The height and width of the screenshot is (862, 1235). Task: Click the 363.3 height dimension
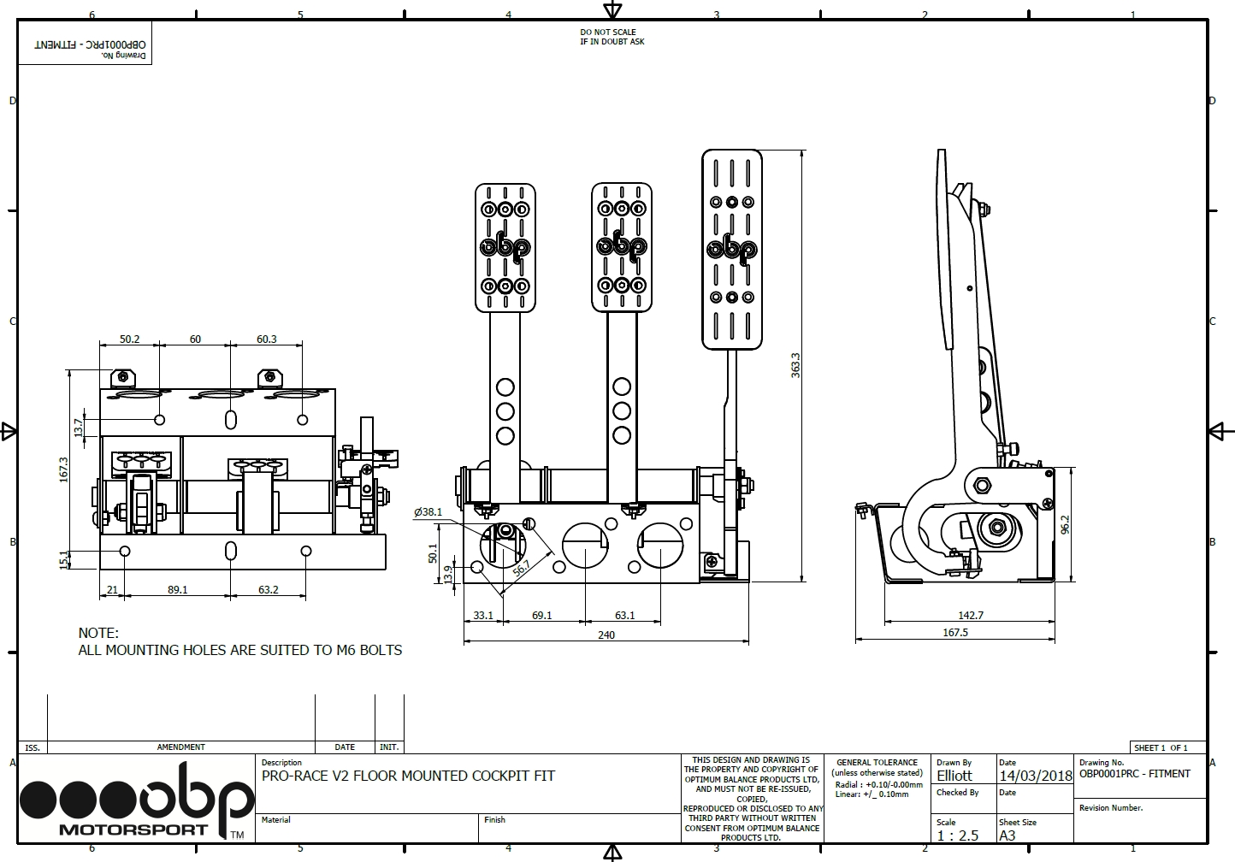tap(795, 365)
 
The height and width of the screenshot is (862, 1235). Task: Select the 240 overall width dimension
tap(606, 635)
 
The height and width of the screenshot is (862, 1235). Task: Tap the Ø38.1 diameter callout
tap(428, 512)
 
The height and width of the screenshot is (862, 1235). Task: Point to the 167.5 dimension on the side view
tap(955, 632)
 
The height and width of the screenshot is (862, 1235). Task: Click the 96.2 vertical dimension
tap(1065, 525)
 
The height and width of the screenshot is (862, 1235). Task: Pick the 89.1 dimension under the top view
tap(178, 590)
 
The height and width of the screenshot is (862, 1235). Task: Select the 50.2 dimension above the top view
tap(129, 339)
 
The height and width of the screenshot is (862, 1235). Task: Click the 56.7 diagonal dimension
tap(521, 568)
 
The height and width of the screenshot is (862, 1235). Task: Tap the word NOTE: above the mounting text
tap(98, 633)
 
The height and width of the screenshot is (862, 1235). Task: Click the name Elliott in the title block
tap(954, 776)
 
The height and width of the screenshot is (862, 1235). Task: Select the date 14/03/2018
tap(1036, 776)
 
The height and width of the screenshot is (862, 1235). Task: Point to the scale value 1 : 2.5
tap(958, 835)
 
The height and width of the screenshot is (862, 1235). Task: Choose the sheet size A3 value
tap(1007, 835)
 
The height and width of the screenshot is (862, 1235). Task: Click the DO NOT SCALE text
tap(607, 32)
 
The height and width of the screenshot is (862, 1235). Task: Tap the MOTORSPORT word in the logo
tap(133, 830)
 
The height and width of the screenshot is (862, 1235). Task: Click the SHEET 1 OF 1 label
tap(1161, 748)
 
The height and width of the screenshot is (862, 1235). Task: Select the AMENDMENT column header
tap(180, 747)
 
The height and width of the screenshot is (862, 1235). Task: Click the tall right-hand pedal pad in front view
tap(731, 249)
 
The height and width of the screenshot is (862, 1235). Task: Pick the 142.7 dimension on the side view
tap(971, 615)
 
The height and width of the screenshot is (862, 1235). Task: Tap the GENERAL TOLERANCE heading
tap(877, 763)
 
